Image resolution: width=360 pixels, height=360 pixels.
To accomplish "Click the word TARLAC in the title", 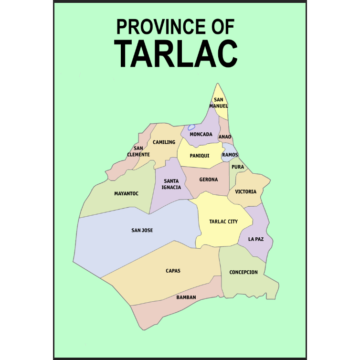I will (176, 53).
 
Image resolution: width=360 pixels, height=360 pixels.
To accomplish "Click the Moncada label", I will (201, 134).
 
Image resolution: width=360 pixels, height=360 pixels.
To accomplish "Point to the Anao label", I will (225, 137).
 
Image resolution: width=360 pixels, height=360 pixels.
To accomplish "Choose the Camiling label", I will (164, 142).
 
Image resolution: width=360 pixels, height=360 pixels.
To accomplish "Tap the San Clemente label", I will (139, 151).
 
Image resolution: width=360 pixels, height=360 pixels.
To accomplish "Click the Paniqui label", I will (200, 156).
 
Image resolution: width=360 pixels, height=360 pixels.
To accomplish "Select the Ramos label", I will (230, 155).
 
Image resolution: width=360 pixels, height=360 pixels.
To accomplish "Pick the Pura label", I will (238, 167).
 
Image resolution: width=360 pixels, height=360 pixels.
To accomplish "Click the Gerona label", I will (209, 180).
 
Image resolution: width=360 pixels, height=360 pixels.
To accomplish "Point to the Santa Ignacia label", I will (172, 184).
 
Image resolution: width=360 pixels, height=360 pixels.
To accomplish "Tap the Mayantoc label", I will (127, 193).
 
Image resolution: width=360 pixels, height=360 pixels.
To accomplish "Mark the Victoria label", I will (246, 191).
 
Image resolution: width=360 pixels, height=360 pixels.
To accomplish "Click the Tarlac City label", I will (223, 222).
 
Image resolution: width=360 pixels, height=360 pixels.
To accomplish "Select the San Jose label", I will (142, 230).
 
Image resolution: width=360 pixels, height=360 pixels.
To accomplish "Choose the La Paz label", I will (255, 239).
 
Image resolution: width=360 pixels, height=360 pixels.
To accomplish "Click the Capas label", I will (173, 271).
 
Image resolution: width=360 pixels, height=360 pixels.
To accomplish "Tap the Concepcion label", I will (244, 272).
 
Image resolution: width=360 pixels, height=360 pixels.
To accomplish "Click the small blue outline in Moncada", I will (191, 127).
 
